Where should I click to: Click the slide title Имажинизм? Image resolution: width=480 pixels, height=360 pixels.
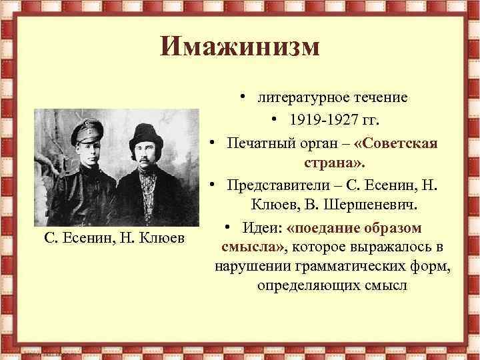pos(240,47)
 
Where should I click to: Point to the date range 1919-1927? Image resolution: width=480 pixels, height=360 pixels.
pos(322,121)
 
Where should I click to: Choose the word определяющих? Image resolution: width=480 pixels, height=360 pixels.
pos(307,286)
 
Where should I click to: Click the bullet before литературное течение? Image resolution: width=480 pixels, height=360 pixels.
pos(245,97)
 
